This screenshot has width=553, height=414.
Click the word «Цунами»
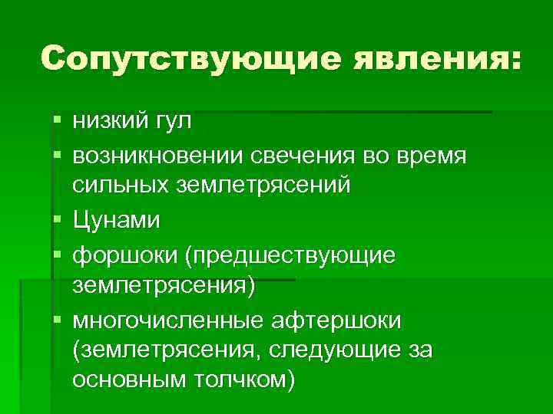point(117,221)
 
